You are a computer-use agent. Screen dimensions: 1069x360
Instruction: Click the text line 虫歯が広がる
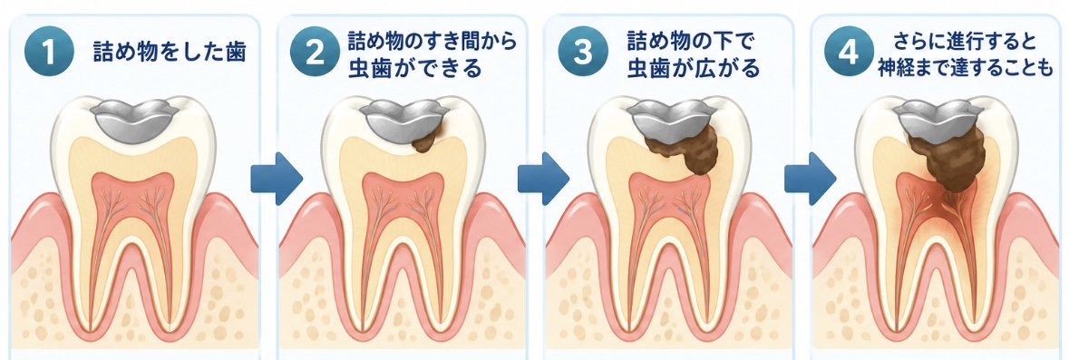[694, 68]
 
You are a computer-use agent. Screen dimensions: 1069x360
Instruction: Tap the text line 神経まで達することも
[966, 68]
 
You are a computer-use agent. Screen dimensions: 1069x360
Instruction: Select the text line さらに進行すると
[966, 43]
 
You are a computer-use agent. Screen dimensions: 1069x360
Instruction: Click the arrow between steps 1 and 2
[277, 179]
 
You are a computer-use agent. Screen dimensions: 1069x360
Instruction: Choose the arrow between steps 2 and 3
[543, 179]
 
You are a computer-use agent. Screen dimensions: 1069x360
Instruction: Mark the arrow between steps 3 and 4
[810, 179]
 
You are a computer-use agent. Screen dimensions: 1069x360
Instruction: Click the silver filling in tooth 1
[134, 120]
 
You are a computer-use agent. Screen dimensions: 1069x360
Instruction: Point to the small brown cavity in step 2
[427, 139]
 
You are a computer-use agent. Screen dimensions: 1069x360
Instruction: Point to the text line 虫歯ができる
[414, 68]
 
